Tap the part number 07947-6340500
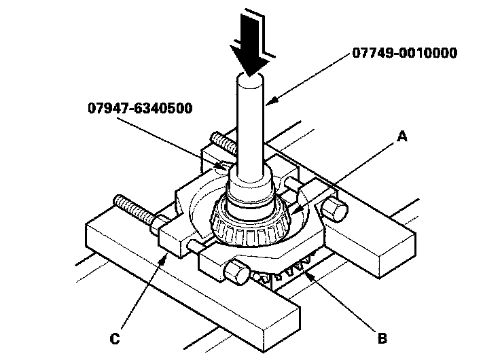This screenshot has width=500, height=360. (139, 107)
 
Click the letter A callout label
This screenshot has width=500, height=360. (403, 137)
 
